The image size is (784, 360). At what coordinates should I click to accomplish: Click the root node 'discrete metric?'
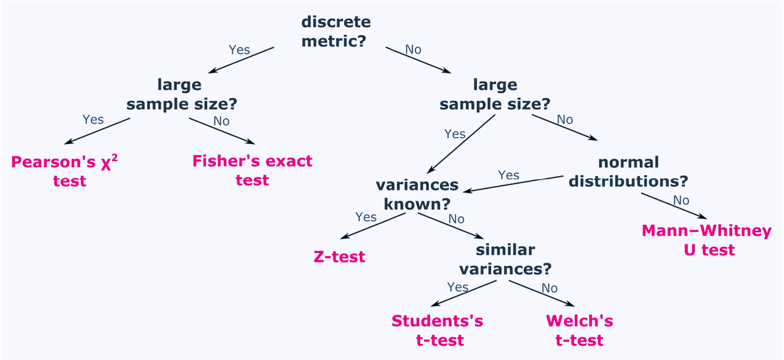[x=336, y=31]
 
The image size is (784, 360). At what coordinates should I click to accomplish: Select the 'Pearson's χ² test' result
[x=64, y=171]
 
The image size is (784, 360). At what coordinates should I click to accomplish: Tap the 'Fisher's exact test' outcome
[x=252, y=170]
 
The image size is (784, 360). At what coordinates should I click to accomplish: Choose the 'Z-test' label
[x=339, y=257]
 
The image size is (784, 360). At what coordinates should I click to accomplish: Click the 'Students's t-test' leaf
[x=437, y=330]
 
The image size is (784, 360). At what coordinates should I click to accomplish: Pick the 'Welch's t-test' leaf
[x=580, y=330]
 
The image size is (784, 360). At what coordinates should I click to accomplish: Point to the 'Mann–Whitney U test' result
[x=707, y=240]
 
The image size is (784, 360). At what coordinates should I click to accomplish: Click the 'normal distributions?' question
[x=628, y=172]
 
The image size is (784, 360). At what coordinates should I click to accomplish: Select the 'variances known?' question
[x=417, y=194]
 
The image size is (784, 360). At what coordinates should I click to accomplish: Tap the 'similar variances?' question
[x=505, y=259]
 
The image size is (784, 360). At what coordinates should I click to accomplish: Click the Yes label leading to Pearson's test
[x=93, y=120]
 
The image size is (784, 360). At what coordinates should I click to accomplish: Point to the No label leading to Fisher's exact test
[x=221, y=121]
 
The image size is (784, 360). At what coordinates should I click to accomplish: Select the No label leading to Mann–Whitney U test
[x=681, y=200]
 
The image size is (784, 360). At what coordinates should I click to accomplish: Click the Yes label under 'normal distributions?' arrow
[x=508, y=175]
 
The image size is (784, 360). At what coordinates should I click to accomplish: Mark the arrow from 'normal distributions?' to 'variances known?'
[x=513, y=183]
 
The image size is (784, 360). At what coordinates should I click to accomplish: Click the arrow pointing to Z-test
[x=372, y=226]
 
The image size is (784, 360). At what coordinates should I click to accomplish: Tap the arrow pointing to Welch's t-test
[x=541, y=293]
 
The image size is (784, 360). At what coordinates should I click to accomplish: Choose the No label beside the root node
[x=413, y=50]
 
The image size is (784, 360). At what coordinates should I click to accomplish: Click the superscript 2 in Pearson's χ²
[x=115, y=158]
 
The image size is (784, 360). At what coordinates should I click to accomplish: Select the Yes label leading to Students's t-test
[x=458, y=287]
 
